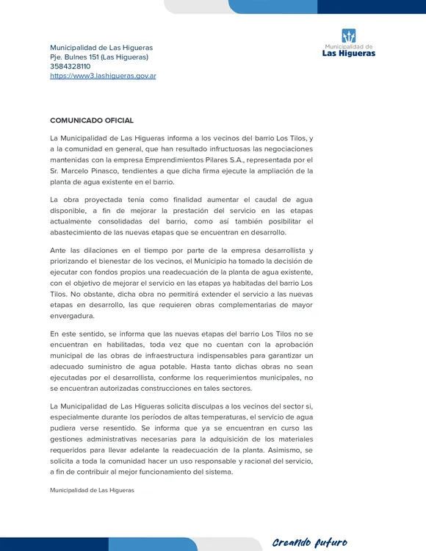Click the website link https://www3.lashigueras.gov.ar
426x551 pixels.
tap(103, 76)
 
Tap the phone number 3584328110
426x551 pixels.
tap(71, 66)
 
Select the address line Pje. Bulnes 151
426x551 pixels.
tap(99, 57)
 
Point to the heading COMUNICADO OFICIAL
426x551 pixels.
tap(92, 120)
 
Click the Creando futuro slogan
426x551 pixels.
tap(309, 542)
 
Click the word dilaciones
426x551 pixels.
tap(102, 251)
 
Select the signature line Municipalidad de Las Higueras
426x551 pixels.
tap(92, 489)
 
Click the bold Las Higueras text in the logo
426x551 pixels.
tap(349, 53)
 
